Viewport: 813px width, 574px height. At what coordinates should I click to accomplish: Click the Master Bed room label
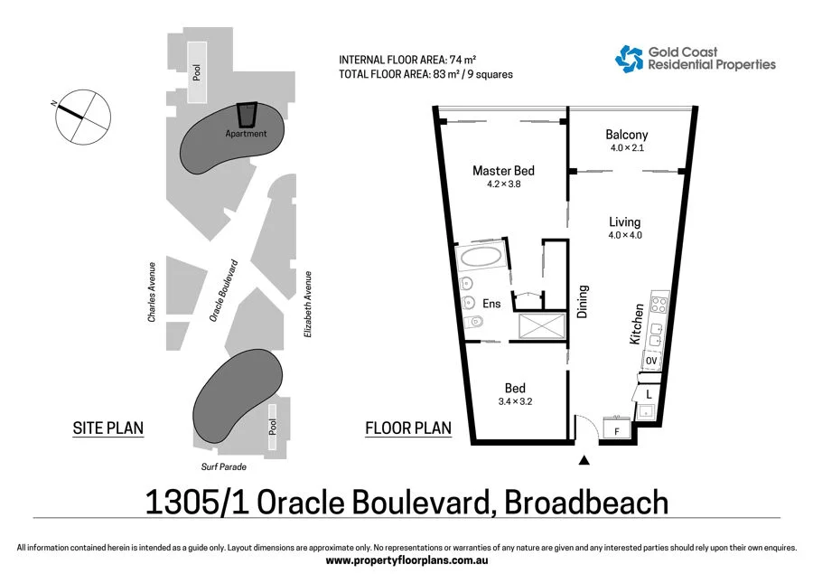coord(503,171)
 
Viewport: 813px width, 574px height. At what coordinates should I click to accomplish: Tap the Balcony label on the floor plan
coord(626,136)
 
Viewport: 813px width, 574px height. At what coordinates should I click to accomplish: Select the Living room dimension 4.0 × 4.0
coord(624,236)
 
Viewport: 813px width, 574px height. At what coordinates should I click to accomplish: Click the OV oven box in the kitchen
coord(650,361)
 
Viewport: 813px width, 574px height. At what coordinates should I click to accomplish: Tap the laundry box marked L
coord(648,393)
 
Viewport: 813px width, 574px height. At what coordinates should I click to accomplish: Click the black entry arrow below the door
coord(584,461)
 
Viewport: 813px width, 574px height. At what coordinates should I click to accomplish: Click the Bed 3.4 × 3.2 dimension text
coord(515,402)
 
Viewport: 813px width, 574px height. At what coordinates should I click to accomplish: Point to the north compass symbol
coord(83,117)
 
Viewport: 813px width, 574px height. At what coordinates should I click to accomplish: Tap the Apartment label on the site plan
coord(247,134)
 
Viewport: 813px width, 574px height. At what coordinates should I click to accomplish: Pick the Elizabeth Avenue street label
coord(308,305)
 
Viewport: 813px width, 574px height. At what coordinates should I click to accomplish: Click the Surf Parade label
coord(223,467)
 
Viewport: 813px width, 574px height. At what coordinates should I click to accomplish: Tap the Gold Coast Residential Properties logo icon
coord(629,59)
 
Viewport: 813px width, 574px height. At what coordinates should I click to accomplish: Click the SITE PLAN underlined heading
coord(107,428)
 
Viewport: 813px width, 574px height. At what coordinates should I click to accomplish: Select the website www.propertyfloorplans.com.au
coord(406,560)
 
